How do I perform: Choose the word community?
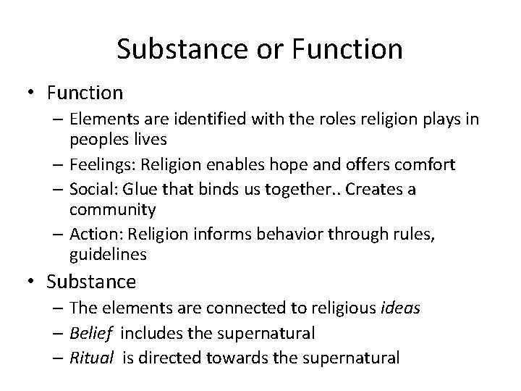click(x=122, y=210)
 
